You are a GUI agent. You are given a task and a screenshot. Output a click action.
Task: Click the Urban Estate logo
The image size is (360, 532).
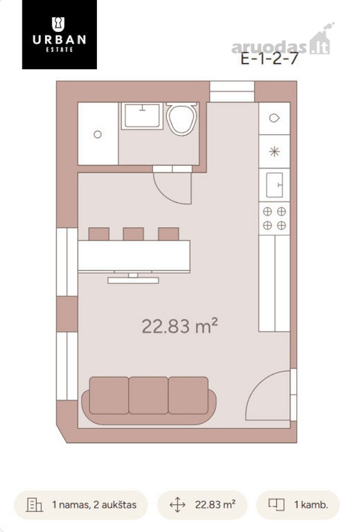pyautogui.click(x=59, y=35)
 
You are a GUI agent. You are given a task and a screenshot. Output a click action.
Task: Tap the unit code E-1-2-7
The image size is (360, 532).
pyautogui.click(x=270, y=59)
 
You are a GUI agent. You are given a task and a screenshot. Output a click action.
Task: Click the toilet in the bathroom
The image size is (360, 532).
pyautogui.click(x=182, y=118)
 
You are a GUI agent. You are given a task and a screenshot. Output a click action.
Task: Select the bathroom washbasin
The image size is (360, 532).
pyautogui.click(x=142, y=116)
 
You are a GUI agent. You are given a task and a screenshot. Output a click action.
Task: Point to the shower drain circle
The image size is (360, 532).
pyautogui.click(x=98, y=134)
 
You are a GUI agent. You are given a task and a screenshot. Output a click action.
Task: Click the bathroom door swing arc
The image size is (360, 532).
pyautogui.click(x=167, y=196)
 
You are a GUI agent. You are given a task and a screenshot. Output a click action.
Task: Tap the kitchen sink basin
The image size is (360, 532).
pyautogui.click(x=274, y=185)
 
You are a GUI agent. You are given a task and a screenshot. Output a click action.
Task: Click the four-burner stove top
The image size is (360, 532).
pyautogui.click(x=274, y=219)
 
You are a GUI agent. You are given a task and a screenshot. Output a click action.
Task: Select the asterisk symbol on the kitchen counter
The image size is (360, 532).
pyautogui.click(x=274, y=151)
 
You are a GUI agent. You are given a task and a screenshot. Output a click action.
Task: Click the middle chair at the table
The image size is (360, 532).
pyautogui.click(x=134, y=234)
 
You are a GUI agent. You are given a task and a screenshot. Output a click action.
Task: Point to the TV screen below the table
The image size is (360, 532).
pyautogui.click(x=133, y=280)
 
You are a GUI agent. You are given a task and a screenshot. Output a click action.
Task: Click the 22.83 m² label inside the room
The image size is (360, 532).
pyautogui.click(x=180, y=326)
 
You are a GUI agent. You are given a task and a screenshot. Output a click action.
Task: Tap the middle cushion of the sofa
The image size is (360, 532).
pyautogui.click(x=148, y=395)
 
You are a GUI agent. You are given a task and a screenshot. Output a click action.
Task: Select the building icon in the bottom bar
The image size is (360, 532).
pyautogui.click(x=35, y=505)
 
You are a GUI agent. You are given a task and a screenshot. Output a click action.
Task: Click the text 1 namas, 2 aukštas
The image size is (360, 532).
pyautogui.click(x=95, y=505)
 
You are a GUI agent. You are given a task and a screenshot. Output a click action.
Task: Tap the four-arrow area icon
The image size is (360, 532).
pyautogui.click(x=177, y=505)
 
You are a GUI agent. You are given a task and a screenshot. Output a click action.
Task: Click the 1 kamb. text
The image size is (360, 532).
pyautogui.click(x=311, y=505)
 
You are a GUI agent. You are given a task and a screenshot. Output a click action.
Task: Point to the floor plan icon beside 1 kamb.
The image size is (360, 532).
pyautogui.click(x=277, y=505)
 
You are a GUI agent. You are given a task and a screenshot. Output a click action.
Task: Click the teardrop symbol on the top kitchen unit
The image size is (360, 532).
pyautogui.click(x=274, y=118)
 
